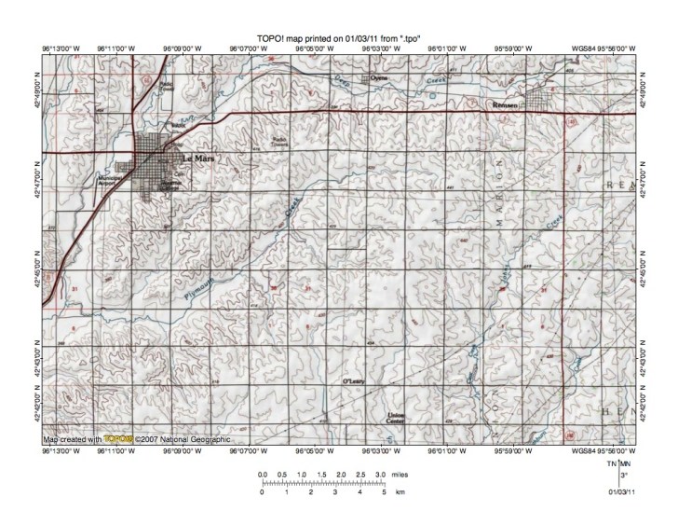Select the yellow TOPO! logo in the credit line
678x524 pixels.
click(x=115, y=438)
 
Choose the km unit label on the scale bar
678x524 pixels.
click(x=400, y=491)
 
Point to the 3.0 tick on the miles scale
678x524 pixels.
click(x=380, y=476)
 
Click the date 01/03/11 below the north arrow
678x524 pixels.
click(x=621, y=490)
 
